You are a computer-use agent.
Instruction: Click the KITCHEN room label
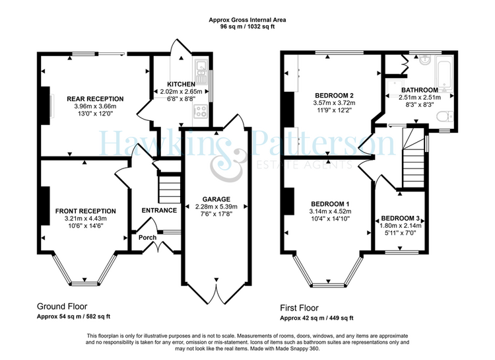point(180,85)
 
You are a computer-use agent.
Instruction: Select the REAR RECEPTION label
point(92,99)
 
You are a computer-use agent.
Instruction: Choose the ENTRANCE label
point(160,211)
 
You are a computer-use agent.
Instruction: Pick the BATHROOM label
point(419,90)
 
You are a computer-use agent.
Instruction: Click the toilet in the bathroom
point(445,118)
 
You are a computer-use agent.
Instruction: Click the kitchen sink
point(201,67)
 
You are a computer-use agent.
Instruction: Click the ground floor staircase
point(170,184)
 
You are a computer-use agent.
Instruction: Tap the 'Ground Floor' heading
point(57,307)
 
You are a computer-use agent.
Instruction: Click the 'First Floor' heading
point(298,308)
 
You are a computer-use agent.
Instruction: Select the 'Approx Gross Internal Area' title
point(247,21)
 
